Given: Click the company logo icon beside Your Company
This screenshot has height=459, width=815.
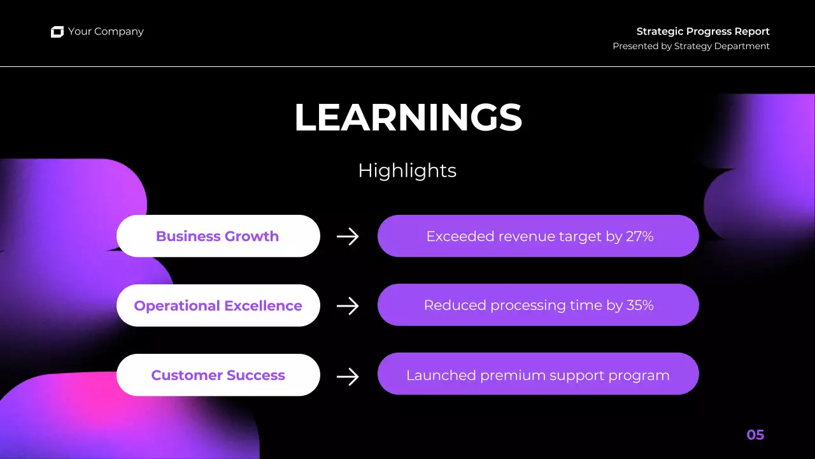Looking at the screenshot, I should [x=57, y=32].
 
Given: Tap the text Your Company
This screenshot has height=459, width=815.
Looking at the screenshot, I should [x=106, y=31].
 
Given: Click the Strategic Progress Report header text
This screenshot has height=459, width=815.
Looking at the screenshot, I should [x=703, y=31].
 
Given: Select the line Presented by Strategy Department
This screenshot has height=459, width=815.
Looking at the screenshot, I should [x=691, y=46].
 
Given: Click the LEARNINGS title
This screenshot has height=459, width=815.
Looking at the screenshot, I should [x=407, y=118].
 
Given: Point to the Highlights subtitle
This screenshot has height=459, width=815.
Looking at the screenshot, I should [x=407, y=170].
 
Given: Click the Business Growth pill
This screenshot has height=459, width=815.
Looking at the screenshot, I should [x=218, y=236].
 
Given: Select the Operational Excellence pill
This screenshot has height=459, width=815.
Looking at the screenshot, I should [x=218, y=305].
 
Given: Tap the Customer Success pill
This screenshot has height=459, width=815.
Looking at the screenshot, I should [x=218, y=375].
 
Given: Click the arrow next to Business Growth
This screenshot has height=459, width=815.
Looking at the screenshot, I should [x=348, y=237].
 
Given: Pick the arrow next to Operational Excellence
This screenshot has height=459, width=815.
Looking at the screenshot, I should [x=348, y=306].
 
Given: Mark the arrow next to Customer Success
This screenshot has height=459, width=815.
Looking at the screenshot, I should [x=348, y=376].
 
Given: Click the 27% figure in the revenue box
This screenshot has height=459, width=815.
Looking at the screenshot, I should [x=640, y=237].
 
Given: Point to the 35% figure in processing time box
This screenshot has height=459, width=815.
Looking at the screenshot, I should [x=640, y=305].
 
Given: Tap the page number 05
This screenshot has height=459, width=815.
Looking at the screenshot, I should [x=755, y=435].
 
